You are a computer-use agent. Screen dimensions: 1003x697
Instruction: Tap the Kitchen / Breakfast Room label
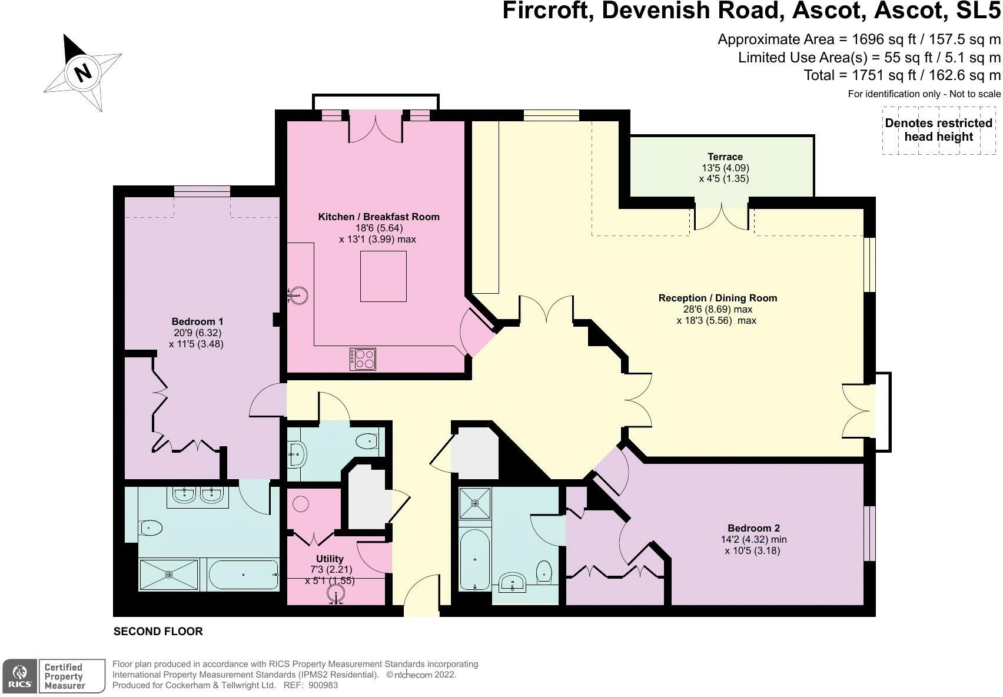[379, 217]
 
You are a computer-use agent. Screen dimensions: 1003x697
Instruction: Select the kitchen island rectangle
[383, 276]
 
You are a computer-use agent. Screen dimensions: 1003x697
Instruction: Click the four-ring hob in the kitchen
[363, 359]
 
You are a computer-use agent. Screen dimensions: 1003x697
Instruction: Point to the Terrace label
[725, 157]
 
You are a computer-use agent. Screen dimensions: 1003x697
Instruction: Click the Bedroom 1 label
[197, 321]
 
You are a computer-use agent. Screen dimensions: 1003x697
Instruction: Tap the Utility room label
[330, 559]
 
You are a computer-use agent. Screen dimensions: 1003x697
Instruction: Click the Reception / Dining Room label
[718, 298]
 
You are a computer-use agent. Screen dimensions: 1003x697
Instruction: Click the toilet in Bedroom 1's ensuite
[151, 527]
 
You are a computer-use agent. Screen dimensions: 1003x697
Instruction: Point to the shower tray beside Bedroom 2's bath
[475, 503]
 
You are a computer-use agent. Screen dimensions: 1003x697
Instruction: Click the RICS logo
[19, 676]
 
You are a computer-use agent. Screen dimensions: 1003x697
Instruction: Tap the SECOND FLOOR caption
[158, 632]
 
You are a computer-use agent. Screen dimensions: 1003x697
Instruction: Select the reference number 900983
[323, 685]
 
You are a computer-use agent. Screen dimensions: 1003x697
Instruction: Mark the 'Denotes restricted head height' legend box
[939, 130]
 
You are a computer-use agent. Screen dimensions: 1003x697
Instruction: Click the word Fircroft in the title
[545, 11]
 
